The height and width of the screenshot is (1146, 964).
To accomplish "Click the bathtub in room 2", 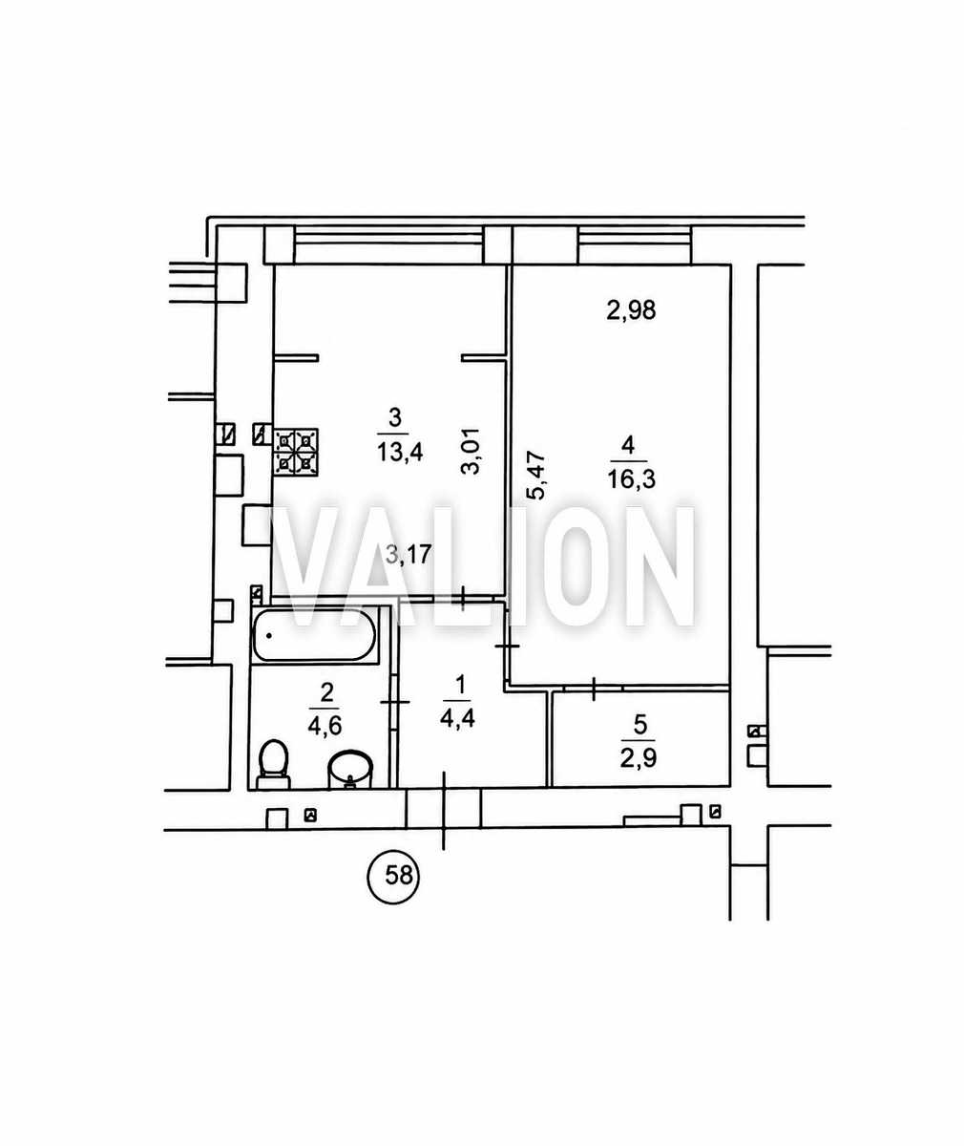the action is pyautogui.click(x=314, y=635).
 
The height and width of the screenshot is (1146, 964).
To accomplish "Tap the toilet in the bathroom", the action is pyautogui.click(x=273, y=765).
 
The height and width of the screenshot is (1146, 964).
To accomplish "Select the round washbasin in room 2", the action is pyautogui.click(x=350, y=770).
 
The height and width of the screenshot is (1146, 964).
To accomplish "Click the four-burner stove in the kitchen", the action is pyautogui.click(x=296, y=451).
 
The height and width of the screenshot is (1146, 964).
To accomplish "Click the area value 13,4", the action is pyautogui.click(x=400, y=453).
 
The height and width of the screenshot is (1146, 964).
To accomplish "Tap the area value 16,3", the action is pyautogui.click(x=632, y=479).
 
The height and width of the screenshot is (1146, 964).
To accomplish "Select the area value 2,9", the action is pyautogui.click(x=639, y=758).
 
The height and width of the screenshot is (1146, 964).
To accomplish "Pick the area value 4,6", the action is pyautogui.click(x=325, y=726).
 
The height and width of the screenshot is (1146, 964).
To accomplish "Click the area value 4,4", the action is pyautogui.click(x=457, y=718).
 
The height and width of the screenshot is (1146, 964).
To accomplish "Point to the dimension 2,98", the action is pyautogui.click(x=632, y=310).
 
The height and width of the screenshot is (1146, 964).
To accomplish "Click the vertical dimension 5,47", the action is pyautogui.click(x=536, y=476).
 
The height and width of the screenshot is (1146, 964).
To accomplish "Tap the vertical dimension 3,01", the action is pyautogui.click(x=471, y=451).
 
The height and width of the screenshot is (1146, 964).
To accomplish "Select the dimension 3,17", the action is pyautogui.click(x=409, y=554).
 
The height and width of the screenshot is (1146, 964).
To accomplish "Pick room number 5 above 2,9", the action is pyautogui.click(x=639, y=725).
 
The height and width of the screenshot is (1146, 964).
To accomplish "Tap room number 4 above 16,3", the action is pyautogui.click(x=628, y=445).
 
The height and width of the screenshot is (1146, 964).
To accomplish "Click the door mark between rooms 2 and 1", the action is pyautogui.click(x=395, y=702).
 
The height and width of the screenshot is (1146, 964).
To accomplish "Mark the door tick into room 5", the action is pyautogui.click(x=595, y=690).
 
